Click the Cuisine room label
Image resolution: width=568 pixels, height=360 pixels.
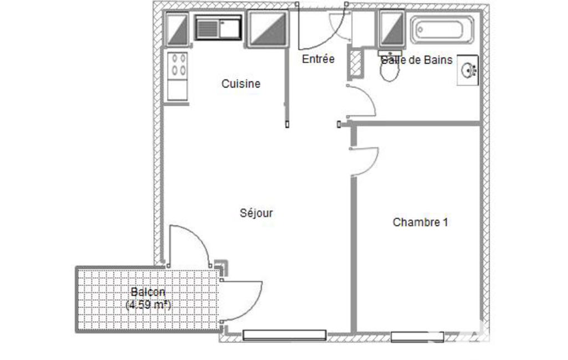[241, 84]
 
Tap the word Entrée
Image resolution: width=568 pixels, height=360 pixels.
[318, 59]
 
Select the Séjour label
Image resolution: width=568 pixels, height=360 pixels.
[256, 213]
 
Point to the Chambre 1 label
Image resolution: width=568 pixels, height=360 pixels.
[420, 222]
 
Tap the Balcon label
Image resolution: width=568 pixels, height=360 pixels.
[148, 292]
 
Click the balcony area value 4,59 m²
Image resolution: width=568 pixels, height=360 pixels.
[148, 305]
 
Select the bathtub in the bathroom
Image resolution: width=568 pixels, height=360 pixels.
[442, 30]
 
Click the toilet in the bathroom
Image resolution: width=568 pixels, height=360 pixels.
[390, 66]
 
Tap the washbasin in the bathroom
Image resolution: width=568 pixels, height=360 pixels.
[468, 70]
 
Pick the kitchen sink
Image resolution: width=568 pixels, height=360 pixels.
[218, 28]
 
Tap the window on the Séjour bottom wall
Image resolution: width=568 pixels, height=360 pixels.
[284, 335]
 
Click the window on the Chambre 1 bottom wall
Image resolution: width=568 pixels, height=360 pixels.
[417, 337]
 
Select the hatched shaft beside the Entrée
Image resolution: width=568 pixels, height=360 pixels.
[356, 64]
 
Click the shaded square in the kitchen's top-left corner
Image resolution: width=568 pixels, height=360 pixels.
[177, 29]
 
